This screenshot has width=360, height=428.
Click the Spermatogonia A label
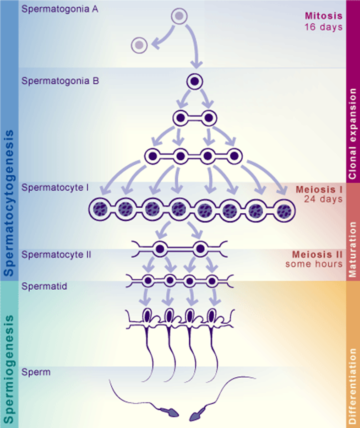pos(60,9)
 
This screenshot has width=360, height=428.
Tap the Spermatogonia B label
pos(60,81)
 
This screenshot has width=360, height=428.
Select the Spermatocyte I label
pos(55,188)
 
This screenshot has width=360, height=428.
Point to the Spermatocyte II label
pos(56,255)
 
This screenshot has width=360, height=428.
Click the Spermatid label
pos(44,287)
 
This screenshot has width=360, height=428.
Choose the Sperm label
pos(36,372)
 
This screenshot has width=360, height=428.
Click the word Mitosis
pos(324,16)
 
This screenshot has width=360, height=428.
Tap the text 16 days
pos(324,27)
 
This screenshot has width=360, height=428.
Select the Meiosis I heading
pos(319,190)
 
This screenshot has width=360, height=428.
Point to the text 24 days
pos(323,199)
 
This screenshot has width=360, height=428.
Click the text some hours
pos(314,264)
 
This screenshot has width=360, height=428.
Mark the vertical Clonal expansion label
pos(353,134)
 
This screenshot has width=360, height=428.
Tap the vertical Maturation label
pos(353,249)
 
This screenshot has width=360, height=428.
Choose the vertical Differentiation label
pos(353,386)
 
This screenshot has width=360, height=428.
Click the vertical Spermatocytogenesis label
pos(9,203)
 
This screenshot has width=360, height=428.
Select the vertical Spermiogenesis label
pos(9,369)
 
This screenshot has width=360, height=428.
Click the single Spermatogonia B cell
pos(195,81)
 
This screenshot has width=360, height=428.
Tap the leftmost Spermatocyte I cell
pos(100,210)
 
